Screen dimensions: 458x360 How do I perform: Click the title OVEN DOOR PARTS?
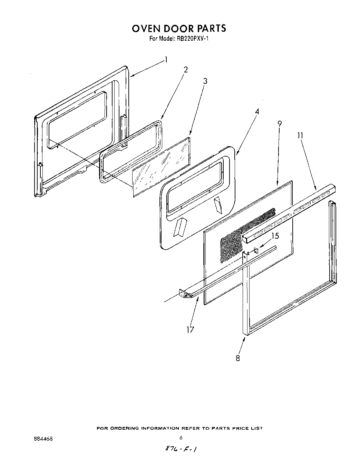(179, 28)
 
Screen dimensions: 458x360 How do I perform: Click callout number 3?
(205, 81)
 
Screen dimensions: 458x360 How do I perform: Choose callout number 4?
(257, 111)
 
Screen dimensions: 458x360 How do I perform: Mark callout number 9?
(279, 123)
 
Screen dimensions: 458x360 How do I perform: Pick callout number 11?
(300, 136)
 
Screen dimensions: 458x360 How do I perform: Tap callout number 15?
(275, 236)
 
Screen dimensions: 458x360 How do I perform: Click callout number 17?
(190, 329)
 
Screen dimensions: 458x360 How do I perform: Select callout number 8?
(238, 358)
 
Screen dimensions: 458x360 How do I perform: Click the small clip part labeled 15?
(256, 250)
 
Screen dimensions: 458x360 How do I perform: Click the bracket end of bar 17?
(184, 293)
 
